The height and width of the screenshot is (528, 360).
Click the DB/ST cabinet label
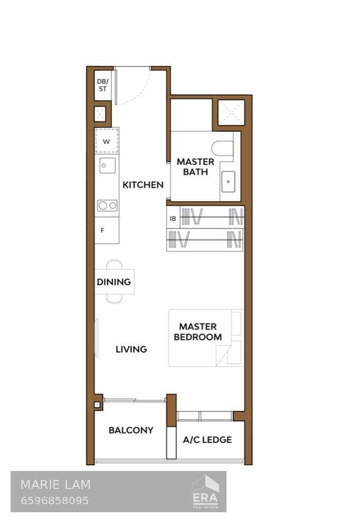pyautogui.click(x=102, y=85)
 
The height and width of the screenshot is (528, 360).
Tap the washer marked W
pyautogui.click(x=107, y=141)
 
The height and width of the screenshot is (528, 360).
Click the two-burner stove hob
pyautogui.click(x=107, y=205)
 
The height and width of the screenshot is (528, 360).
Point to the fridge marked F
pyautogui.click(x=103, y=230)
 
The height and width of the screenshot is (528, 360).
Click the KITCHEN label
pyautogui.click(x=143, y=185)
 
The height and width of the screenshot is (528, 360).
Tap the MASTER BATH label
pyautogui.click(x=195, y=167)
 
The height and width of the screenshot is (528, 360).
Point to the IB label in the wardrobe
pyautogui.click(x=173, y=219)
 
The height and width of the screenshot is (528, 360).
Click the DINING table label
pyautogui.click(x=113, y=282)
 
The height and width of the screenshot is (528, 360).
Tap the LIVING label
pyautogui.click(x=131, y=349)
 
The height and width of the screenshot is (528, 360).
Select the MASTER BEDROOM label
pyautogui.click(x=198, y=332)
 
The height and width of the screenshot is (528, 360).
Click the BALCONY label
pyautogui.click(x=131, y=430)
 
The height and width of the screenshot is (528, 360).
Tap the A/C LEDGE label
pyautogui.click(x=207, y=439)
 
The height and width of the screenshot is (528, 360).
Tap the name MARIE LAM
pyautogui.click(x=55, y=484)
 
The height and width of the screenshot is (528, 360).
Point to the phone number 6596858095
pyautogui.click(x=54, y=501)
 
